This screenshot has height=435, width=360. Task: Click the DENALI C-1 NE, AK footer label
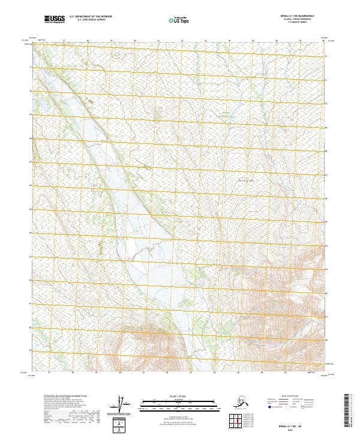[x=296, y=422]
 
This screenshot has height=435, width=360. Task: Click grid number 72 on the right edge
[x=326, y=56]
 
